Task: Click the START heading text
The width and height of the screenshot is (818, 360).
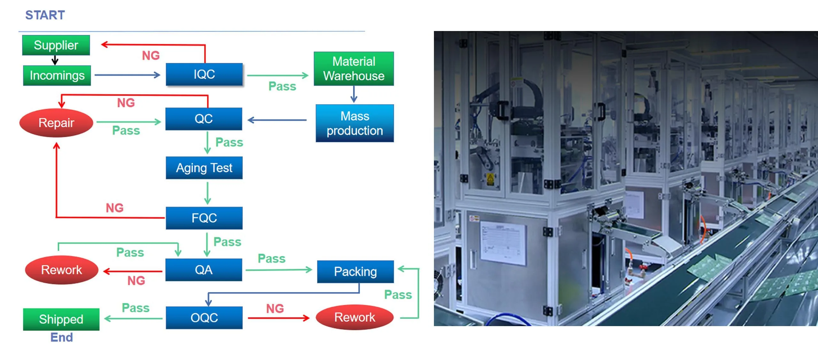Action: [45, 15]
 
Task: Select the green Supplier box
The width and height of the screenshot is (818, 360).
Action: [56, 45]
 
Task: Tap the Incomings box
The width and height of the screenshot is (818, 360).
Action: [57, 75]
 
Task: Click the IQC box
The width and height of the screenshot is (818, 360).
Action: [204, 74]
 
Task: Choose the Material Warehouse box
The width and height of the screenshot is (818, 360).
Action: [354, 69]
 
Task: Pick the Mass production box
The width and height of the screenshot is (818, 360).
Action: [355, 123]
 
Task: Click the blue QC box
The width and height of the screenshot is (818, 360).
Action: [204, 119]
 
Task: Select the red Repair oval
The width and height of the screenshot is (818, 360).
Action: [56, 123]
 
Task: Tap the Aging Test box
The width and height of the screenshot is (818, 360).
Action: [204, 168]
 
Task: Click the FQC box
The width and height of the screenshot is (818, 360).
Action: [204, 218]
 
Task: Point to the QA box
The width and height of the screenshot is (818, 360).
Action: [204, 270]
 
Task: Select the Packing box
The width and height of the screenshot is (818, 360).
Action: [355, 271]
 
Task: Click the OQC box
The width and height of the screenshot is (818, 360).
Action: [204, 317]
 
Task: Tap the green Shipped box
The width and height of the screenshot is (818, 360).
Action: [61, 319]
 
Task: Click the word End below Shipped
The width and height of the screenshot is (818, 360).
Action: [61, 337]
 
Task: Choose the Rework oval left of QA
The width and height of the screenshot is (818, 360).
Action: [61, 270]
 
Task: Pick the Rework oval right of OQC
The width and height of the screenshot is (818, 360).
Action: [355, 317]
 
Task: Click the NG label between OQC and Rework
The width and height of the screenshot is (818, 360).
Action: [275, 309]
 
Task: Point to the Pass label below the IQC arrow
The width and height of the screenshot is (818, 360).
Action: [282, 86]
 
